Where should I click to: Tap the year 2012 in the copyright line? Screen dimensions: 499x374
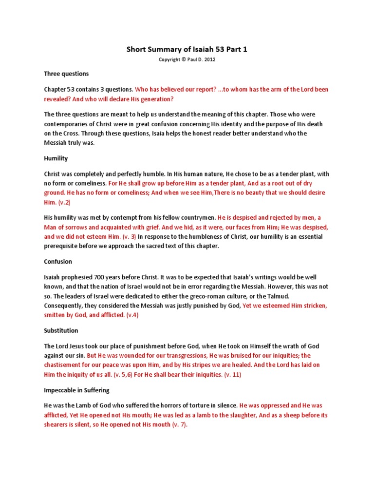(209, 60)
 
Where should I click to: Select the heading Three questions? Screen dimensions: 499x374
(66, 74)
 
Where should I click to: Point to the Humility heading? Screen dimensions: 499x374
(56, 158)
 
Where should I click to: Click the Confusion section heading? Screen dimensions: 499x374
(58, 261)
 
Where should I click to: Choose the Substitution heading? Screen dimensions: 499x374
(61, 330)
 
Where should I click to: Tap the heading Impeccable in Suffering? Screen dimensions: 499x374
(76, 390)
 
